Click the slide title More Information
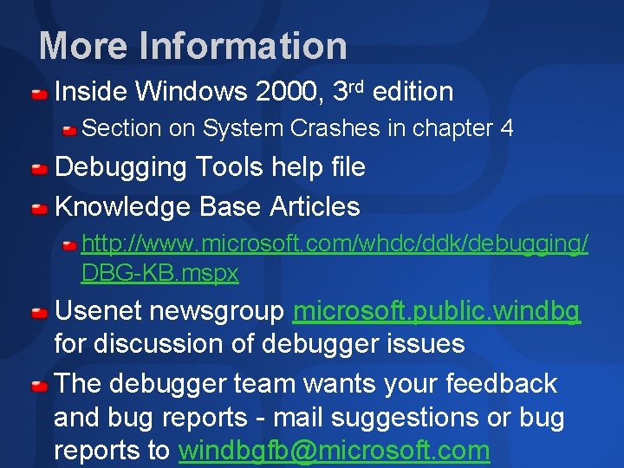[192, 46]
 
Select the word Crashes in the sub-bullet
[335, 129]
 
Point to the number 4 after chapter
[507, 129]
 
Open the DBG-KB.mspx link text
[159, 274]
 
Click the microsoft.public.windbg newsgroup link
[437, 311]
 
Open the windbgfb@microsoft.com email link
[334, 451]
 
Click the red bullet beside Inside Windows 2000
[40, 93]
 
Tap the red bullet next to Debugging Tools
[40, 168]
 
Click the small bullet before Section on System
[68, 130]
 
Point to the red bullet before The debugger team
[40, 384]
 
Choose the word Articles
[315, 207]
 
